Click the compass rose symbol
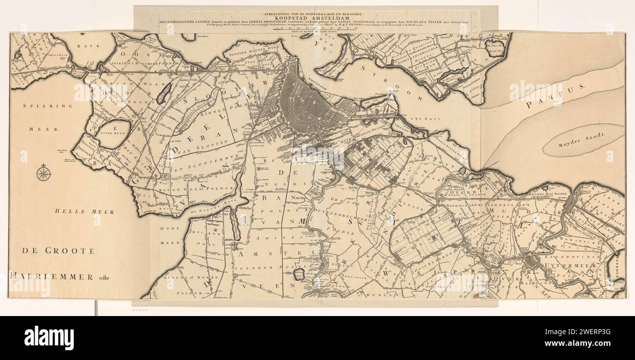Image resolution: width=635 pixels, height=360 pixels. click(x=44, y=172)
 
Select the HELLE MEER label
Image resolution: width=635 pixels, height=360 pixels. click(x=85, y=212)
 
